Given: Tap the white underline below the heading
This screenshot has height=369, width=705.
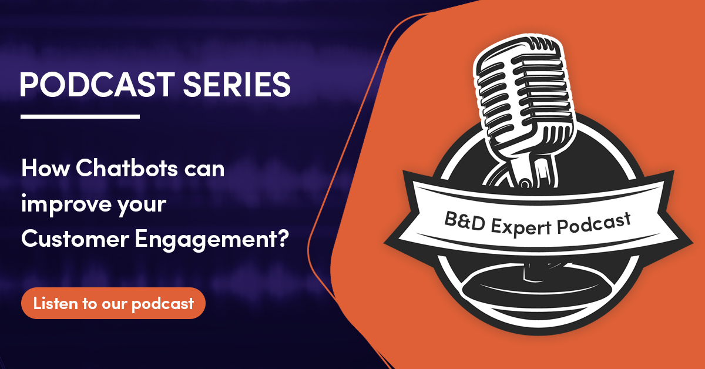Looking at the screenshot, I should pyautogui.click(x=80, y=116).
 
